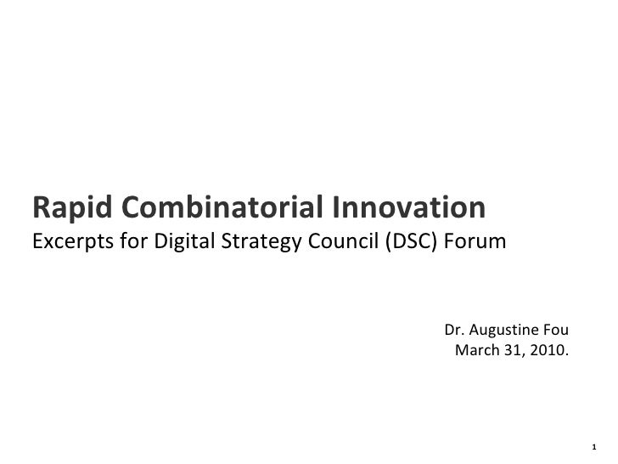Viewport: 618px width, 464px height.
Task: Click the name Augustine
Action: (x=505, y=331)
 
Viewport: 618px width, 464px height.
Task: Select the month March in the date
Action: (x=477, y=351)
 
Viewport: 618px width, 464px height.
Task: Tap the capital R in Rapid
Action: (x=41, y=207)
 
